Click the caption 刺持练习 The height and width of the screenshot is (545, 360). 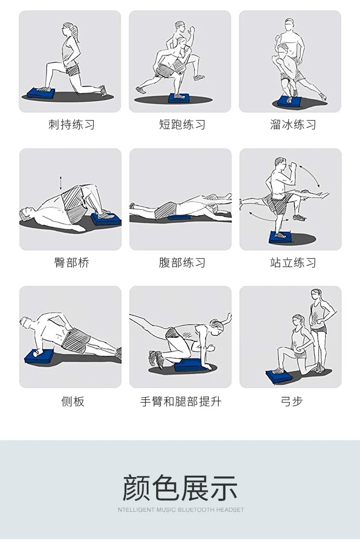71,125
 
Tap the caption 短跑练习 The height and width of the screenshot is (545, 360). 182,125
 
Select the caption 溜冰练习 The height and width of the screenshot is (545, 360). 293,125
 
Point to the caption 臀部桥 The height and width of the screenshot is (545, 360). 72,263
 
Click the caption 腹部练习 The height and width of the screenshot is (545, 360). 182,263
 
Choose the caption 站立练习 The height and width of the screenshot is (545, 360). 293,263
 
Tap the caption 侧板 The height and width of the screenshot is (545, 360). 73,401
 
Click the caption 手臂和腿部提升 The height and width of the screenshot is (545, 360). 180,401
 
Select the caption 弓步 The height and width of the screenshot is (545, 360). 292,401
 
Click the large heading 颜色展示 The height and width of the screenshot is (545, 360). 180,488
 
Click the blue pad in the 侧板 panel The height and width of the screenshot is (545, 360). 39,356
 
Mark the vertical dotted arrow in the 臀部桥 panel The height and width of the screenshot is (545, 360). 61,183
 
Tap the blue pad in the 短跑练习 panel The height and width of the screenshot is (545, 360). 179,98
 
